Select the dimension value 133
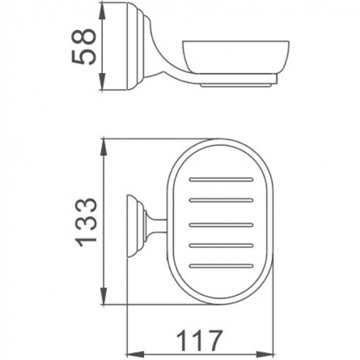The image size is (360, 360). coord(85,222)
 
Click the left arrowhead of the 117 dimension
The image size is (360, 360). coord(131,350)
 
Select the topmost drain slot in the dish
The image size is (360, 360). coord(221,180)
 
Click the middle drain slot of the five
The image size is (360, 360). coord(221,224)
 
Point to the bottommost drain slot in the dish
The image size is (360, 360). coord(221,266)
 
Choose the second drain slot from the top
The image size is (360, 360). coord(221,202)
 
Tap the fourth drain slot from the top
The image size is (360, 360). coord(221,245)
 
